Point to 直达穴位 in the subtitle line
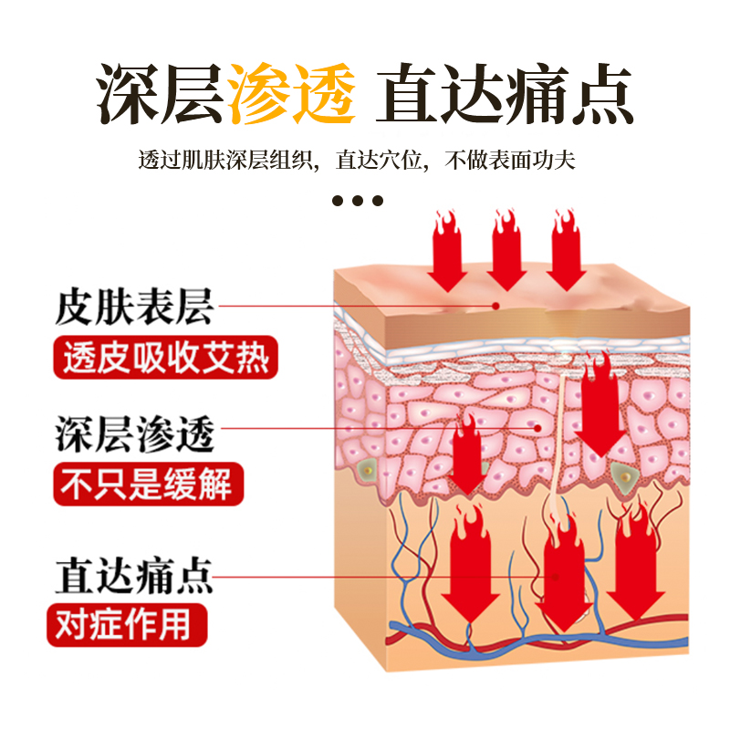click(x=381, y=162)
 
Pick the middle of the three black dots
click(x=357, y=201)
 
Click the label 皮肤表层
click(x=134, y=307)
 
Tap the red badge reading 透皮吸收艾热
click(x=165, y=357)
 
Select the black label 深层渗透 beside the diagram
click(x=134, y=434)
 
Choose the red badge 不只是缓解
click(x=146, y=484)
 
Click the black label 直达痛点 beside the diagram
click(x=134, y=577)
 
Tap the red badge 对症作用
click(x=127, y=626)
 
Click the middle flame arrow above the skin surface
click(x=506, y=251)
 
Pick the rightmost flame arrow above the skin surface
click(x=566, y=251)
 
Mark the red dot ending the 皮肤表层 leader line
click(x=496, y=307)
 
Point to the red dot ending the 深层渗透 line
click(x=538, y=426)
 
